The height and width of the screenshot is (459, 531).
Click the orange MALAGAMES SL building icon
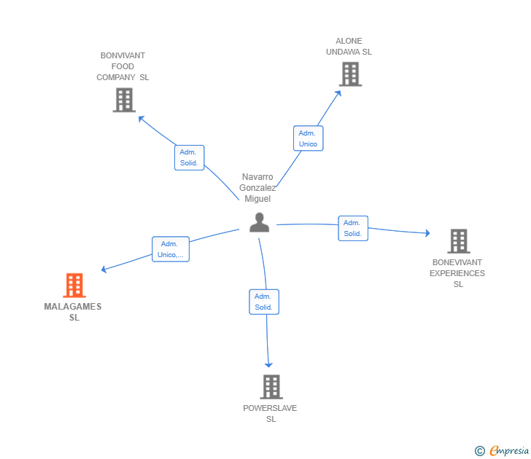point(74,286)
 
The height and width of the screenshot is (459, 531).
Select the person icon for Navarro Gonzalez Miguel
point(259,223)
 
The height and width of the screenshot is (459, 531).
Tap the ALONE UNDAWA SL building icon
point(350,74)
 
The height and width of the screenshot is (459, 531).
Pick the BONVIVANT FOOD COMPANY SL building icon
point(124,100)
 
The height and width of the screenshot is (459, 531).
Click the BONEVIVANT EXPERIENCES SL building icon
point(458,240)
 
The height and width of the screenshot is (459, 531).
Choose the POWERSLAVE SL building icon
point(271,387)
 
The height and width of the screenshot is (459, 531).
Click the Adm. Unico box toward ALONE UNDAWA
point(308,138)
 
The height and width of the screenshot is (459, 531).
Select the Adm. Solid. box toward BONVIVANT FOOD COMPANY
point(189,157)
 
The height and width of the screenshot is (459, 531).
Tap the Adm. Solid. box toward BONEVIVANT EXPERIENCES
point(353,228)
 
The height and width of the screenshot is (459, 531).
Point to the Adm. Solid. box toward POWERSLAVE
point(263,302)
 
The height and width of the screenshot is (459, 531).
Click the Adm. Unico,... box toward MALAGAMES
point(171,249)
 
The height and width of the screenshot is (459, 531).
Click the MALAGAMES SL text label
point(73,312)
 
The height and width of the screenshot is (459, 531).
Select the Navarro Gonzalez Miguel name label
point(257,187)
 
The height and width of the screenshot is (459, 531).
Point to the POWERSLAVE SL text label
point(270,413)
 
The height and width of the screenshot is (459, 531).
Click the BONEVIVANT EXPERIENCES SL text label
point(458,273)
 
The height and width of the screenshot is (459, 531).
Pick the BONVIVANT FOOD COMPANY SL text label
point(123,66)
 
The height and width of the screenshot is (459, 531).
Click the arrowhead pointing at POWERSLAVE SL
point(269,364)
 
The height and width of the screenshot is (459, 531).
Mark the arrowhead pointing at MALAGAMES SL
point(104,270)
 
